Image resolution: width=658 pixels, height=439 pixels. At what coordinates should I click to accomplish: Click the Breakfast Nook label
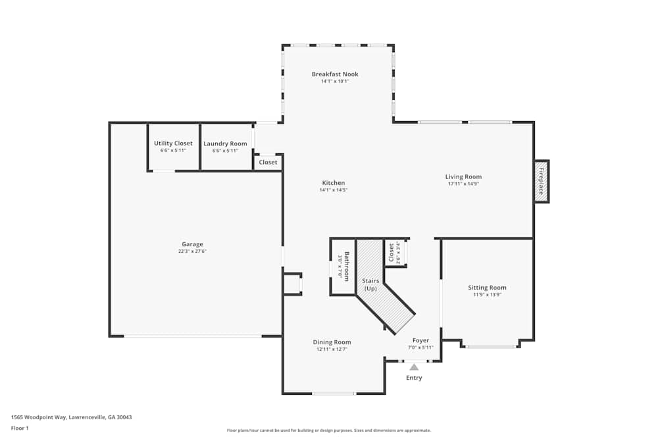pos(335,74)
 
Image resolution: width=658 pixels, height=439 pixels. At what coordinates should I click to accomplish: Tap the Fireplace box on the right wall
pos(542,181)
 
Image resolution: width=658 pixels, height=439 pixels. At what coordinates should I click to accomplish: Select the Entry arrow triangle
pos(414,367)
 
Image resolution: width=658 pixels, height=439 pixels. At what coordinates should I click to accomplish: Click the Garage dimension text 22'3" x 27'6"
pos(192,251)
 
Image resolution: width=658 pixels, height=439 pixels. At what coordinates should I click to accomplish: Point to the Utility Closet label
pos(173,143)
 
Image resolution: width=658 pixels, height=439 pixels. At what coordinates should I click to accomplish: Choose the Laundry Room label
pos(225,143)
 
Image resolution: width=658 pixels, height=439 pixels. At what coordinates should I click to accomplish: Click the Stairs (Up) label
pos(370,284)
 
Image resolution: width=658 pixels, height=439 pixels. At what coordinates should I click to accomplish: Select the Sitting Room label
pos(487,288)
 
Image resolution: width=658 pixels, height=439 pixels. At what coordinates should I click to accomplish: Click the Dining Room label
pos(332,342)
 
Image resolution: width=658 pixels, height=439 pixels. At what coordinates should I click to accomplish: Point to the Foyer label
pos(420,340)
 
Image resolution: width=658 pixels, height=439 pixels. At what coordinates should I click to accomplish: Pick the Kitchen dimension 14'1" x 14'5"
pos(333,190)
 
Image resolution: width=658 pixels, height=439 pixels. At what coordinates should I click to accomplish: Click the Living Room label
pos(463,176)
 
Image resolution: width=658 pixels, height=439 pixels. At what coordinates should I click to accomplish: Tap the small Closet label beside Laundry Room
pos(268,162)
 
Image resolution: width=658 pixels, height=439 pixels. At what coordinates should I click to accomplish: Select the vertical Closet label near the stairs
pos(392,252)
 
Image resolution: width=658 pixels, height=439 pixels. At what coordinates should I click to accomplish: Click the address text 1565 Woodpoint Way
pos(71,417)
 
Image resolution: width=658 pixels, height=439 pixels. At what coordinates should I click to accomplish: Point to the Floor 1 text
pos(20,428)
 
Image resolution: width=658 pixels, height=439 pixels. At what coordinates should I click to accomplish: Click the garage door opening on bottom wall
pos(193,336)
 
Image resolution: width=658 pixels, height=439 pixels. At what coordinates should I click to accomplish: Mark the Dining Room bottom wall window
pos(334,394)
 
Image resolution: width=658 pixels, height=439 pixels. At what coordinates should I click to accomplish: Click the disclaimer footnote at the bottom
pos(328,430)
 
